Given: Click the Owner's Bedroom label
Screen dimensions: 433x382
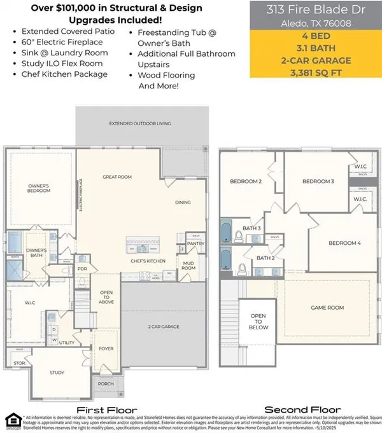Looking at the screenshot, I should coord(39,189).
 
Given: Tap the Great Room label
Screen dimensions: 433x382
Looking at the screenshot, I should coord(117,177).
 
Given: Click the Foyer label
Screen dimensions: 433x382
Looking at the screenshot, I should coord(106,348).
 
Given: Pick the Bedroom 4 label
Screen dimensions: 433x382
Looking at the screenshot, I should coord(344,243).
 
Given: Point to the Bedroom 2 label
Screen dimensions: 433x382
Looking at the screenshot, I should coord(246,182).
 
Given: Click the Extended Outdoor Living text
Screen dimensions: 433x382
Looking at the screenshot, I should coord(140,123).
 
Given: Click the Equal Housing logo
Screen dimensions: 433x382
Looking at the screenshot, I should coord(11,419).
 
